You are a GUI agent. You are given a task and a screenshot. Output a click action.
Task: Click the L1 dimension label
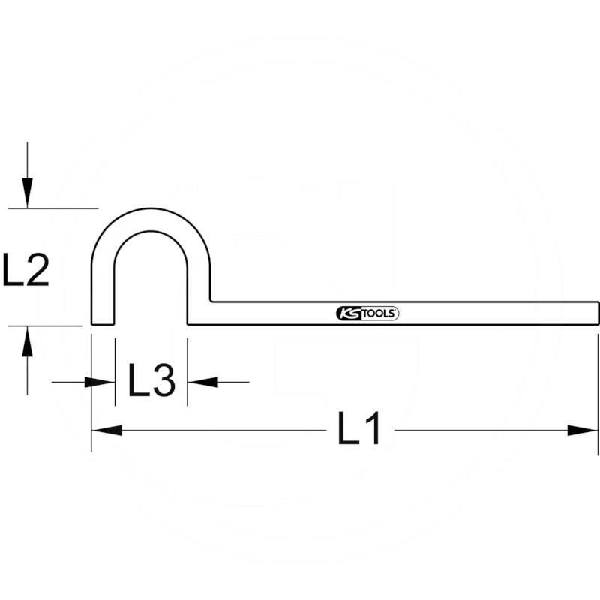click(360, 430)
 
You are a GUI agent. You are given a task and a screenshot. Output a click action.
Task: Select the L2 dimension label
click(25, 271)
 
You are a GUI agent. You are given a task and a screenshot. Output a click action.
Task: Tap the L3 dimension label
click(151, 380)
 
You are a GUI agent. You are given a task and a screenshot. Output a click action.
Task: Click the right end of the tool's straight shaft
click(597, 313)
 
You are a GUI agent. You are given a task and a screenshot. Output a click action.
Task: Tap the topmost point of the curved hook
click(151, 209)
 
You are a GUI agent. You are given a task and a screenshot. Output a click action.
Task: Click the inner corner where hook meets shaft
click(211, 301)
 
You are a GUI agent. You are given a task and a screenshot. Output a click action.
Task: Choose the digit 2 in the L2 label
click(37, 271)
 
